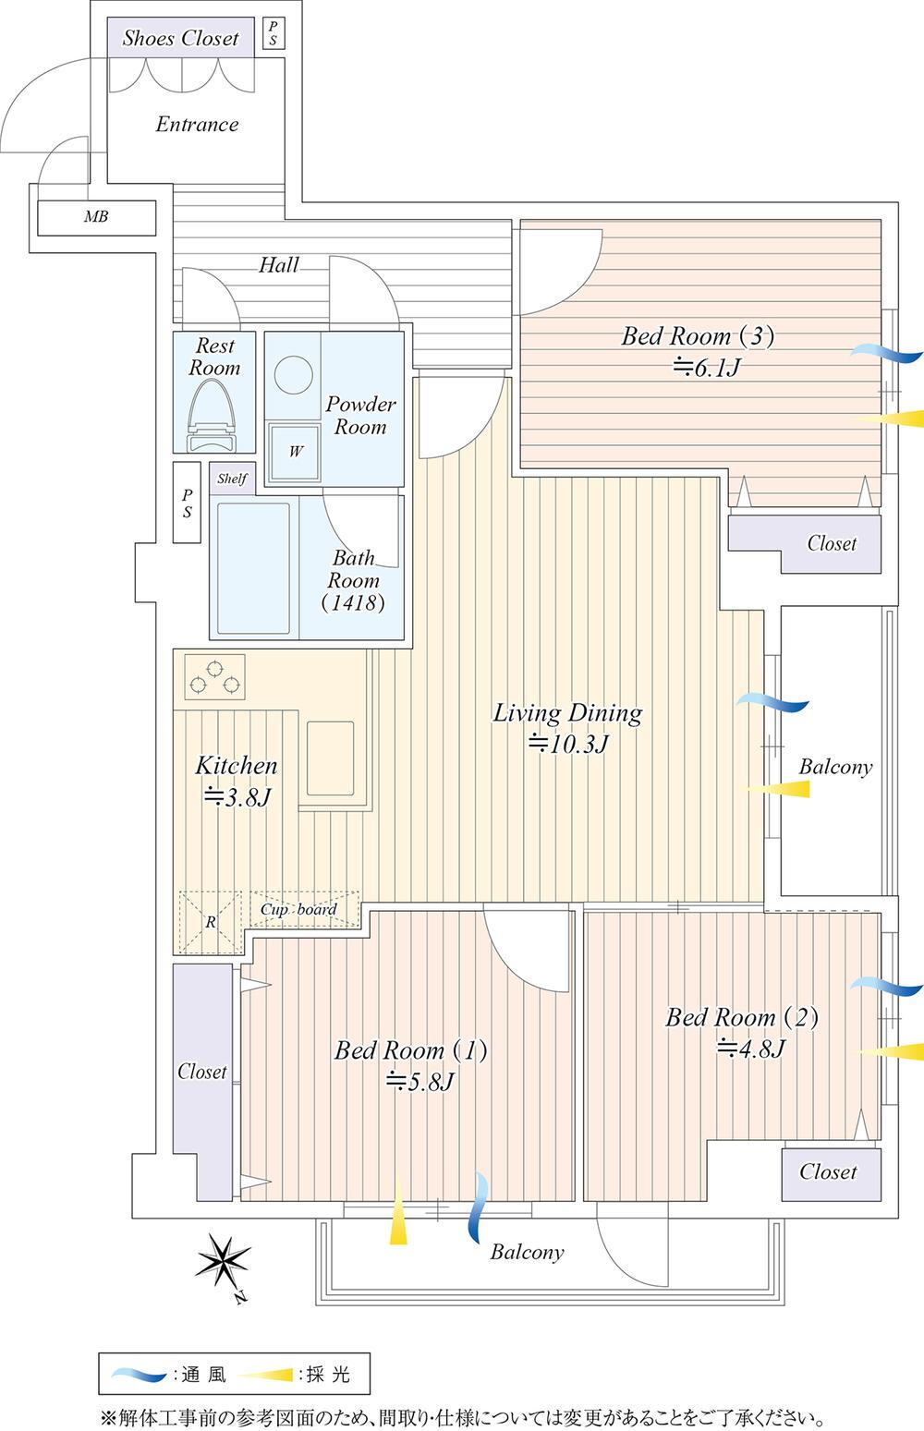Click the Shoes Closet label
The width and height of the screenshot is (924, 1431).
tap(181, 39)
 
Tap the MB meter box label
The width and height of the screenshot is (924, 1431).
tap(96, 217)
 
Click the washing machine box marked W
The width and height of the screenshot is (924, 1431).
tap(295, 452)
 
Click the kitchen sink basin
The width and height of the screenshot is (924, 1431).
tap(331, 758)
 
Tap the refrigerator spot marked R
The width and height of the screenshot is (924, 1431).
tap(211, 921)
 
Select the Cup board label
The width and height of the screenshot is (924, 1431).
tap(298, 910)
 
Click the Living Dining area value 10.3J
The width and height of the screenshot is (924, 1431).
tap(567, 744)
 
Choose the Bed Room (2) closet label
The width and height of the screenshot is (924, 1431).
tap(828, 1172)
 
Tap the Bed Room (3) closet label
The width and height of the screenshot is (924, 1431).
tap(832, 543)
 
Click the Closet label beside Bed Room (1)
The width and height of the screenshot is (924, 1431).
tap(201, 1072)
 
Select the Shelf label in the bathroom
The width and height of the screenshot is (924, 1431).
tap(232, 479)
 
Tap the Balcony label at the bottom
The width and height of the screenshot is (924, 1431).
tap(527, 1253)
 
